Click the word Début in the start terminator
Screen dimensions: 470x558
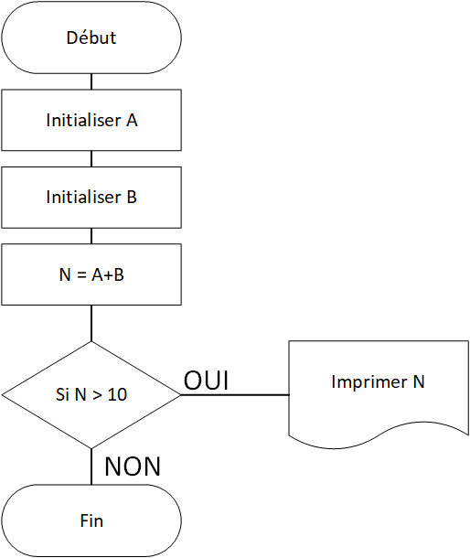(x=91, y=38)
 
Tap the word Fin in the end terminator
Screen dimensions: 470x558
(x=91, y=521)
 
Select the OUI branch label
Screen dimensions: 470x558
(x=206, y=380)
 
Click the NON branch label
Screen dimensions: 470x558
(x=133, y=467)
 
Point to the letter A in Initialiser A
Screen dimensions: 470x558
(x=132, y=120)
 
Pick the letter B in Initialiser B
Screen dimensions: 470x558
(x=132, y=198)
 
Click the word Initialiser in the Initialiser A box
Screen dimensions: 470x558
(x=83, y=120)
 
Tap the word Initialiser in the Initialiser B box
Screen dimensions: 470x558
(x=83, y=197)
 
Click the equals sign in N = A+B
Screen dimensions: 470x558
(x=81, y=274)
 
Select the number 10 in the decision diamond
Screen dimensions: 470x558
(x=117, y=394)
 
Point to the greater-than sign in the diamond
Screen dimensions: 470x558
(x=97, y=395)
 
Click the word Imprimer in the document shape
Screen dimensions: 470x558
(x=369, y=382)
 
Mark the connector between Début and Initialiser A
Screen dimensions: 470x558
(x=91, y=81)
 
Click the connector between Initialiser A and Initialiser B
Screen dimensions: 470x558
(x=91, y=159)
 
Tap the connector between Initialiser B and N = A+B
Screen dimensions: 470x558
(x=91, y=236)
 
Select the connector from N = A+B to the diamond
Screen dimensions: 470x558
(x=91, y=323)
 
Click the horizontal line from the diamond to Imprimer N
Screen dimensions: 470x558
(x=235, y=394)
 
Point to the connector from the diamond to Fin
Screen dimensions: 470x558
(x=91, y=467)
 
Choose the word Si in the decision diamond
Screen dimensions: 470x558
(x=62, y=394)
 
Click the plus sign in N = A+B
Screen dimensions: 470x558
(x=109, y=275)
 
